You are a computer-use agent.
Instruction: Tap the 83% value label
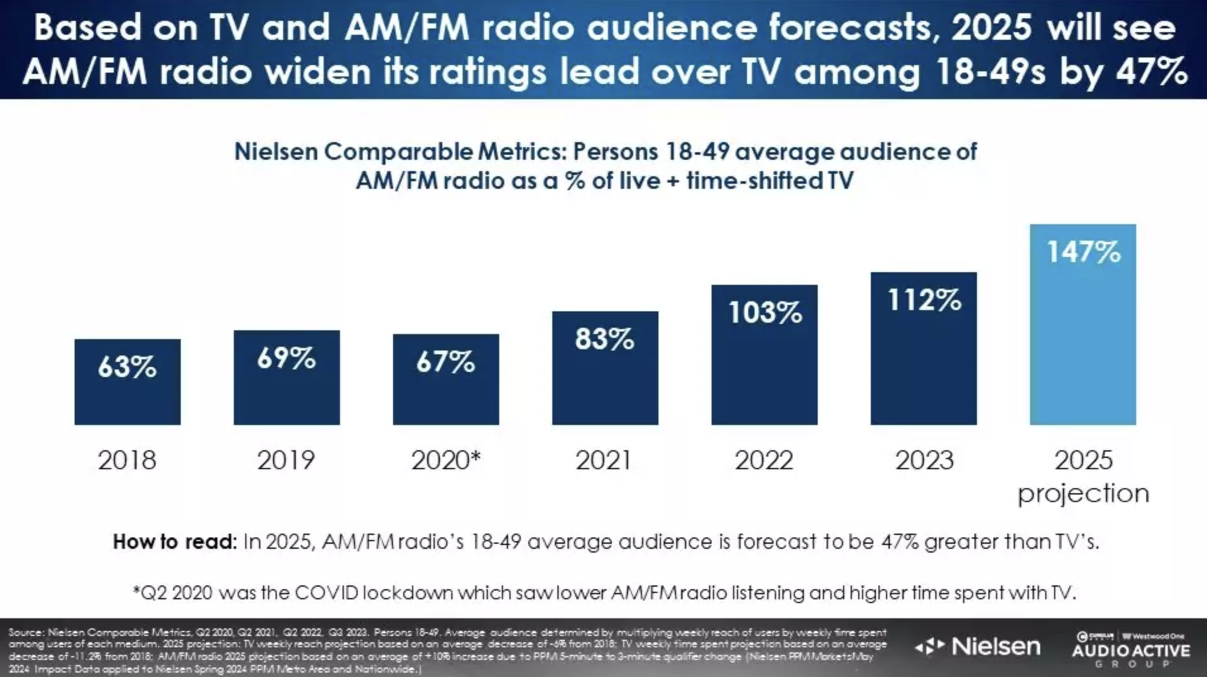[x=604, y=339]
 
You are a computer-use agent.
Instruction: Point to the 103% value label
[x=765, y=313]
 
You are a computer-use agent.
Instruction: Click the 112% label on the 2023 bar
[x=924, y=300]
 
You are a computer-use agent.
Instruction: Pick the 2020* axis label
[x=446, y=460]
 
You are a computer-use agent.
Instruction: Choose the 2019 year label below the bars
[x=286, y=460]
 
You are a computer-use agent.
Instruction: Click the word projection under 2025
[x=1083, y=493]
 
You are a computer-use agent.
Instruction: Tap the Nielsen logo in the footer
[x=978, y=646]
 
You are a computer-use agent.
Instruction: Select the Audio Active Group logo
[x=1131, y=650]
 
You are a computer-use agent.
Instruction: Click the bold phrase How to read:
[x=174, y=542]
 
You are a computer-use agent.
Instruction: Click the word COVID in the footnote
[x=326, y=593]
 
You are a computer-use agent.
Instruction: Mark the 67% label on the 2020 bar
[x=446, y=362]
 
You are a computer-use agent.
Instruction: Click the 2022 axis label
[x=763, y=460]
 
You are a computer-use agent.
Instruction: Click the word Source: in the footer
[x=27, y=632]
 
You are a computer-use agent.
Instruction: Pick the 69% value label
[x=286, y=359]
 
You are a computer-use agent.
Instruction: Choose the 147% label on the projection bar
[x=1083, y=252]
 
